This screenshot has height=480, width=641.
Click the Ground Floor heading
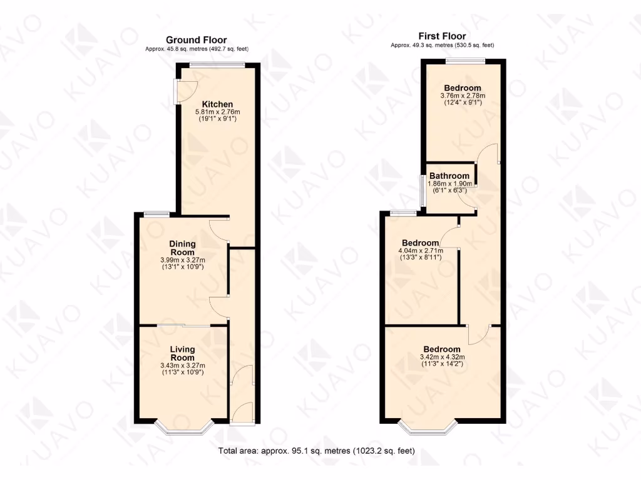click(x=197, y=40)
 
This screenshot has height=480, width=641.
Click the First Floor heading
click(x=442, y=36)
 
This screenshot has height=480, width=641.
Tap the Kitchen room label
click(x=217, y=104)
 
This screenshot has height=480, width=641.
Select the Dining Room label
click(x=183, y=247)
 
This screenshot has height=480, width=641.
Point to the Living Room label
click(x=183, y=354)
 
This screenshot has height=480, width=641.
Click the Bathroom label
click(x=449, y=176)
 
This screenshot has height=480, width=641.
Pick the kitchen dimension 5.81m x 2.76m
click(x=217, y=112)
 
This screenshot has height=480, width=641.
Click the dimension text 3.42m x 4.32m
click(x=442, y=357)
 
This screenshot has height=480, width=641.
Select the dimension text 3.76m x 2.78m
click(x=463, y=96)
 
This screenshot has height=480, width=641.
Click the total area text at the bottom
click(x=316, y=451)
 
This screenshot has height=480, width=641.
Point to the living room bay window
click(x=183, y=429)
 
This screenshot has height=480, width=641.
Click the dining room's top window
click(x=156, y=214)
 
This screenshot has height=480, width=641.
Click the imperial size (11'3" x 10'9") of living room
click(x=183, y=372)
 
